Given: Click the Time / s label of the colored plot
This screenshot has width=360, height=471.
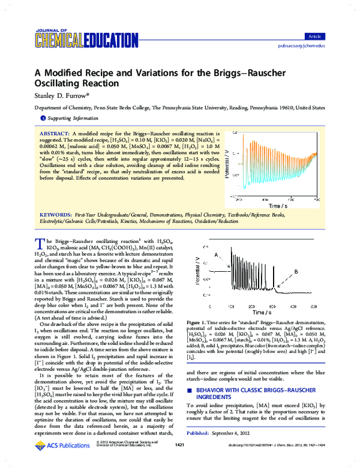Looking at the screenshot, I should click(278, 188).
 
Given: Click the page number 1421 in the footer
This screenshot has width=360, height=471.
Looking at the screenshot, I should click(179, 461).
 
